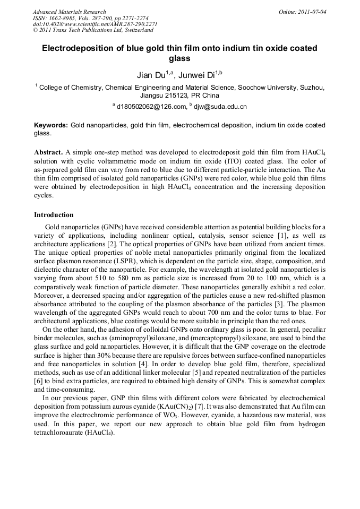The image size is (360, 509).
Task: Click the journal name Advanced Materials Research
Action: click(69, 12)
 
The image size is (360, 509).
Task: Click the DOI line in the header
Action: click(95, 24)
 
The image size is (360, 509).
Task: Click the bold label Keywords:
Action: click(50, 125)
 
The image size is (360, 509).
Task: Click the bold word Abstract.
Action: click(49, 152)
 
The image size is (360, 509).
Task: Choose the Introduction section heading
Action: click(54, 215)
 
